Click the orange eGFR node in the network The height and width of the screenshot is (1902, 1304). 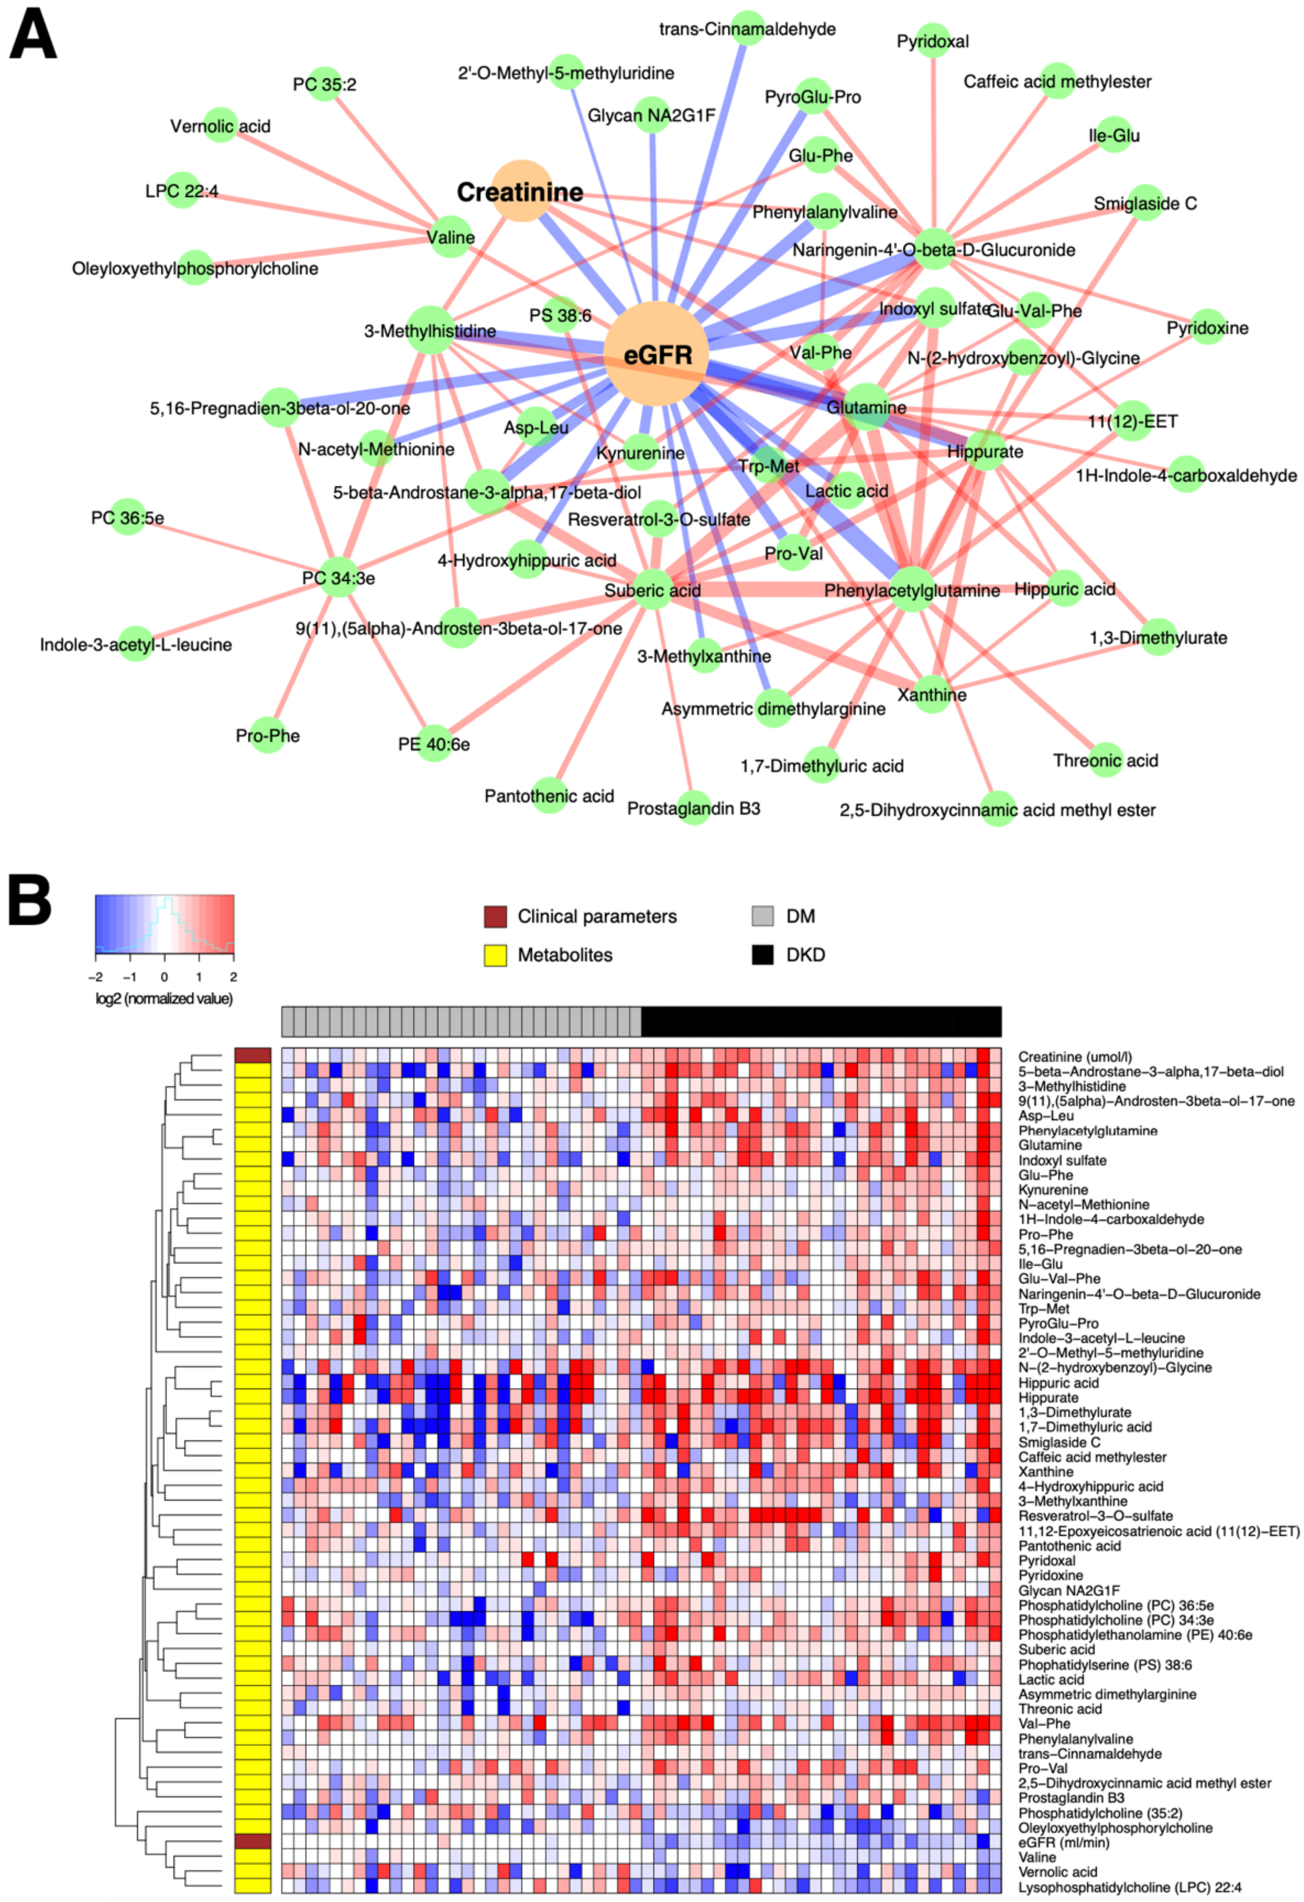click(x=656, y=354)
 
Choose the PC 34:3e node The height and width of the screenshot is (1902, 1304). click(x=338, y=578)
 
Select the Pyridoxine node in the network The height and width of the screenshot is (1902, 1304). click(x=1208, y=327)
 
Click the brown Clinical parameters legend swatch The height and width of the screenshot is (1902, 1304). click(x=495, y=917)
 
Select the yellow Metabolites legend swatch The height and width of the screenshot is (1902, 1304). click(x=495, y=954)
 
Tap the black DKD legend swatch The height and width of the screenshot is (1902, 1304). click(x=763, y=954)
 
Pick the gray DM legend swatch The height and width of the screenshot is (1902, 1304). click(x=763, y=917)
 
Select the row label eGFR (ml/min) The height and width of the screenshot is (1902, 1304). click(x=1063, y=1842)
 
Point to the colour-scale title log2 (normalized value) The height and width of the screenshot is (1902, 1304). click(x=164, y=998)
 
